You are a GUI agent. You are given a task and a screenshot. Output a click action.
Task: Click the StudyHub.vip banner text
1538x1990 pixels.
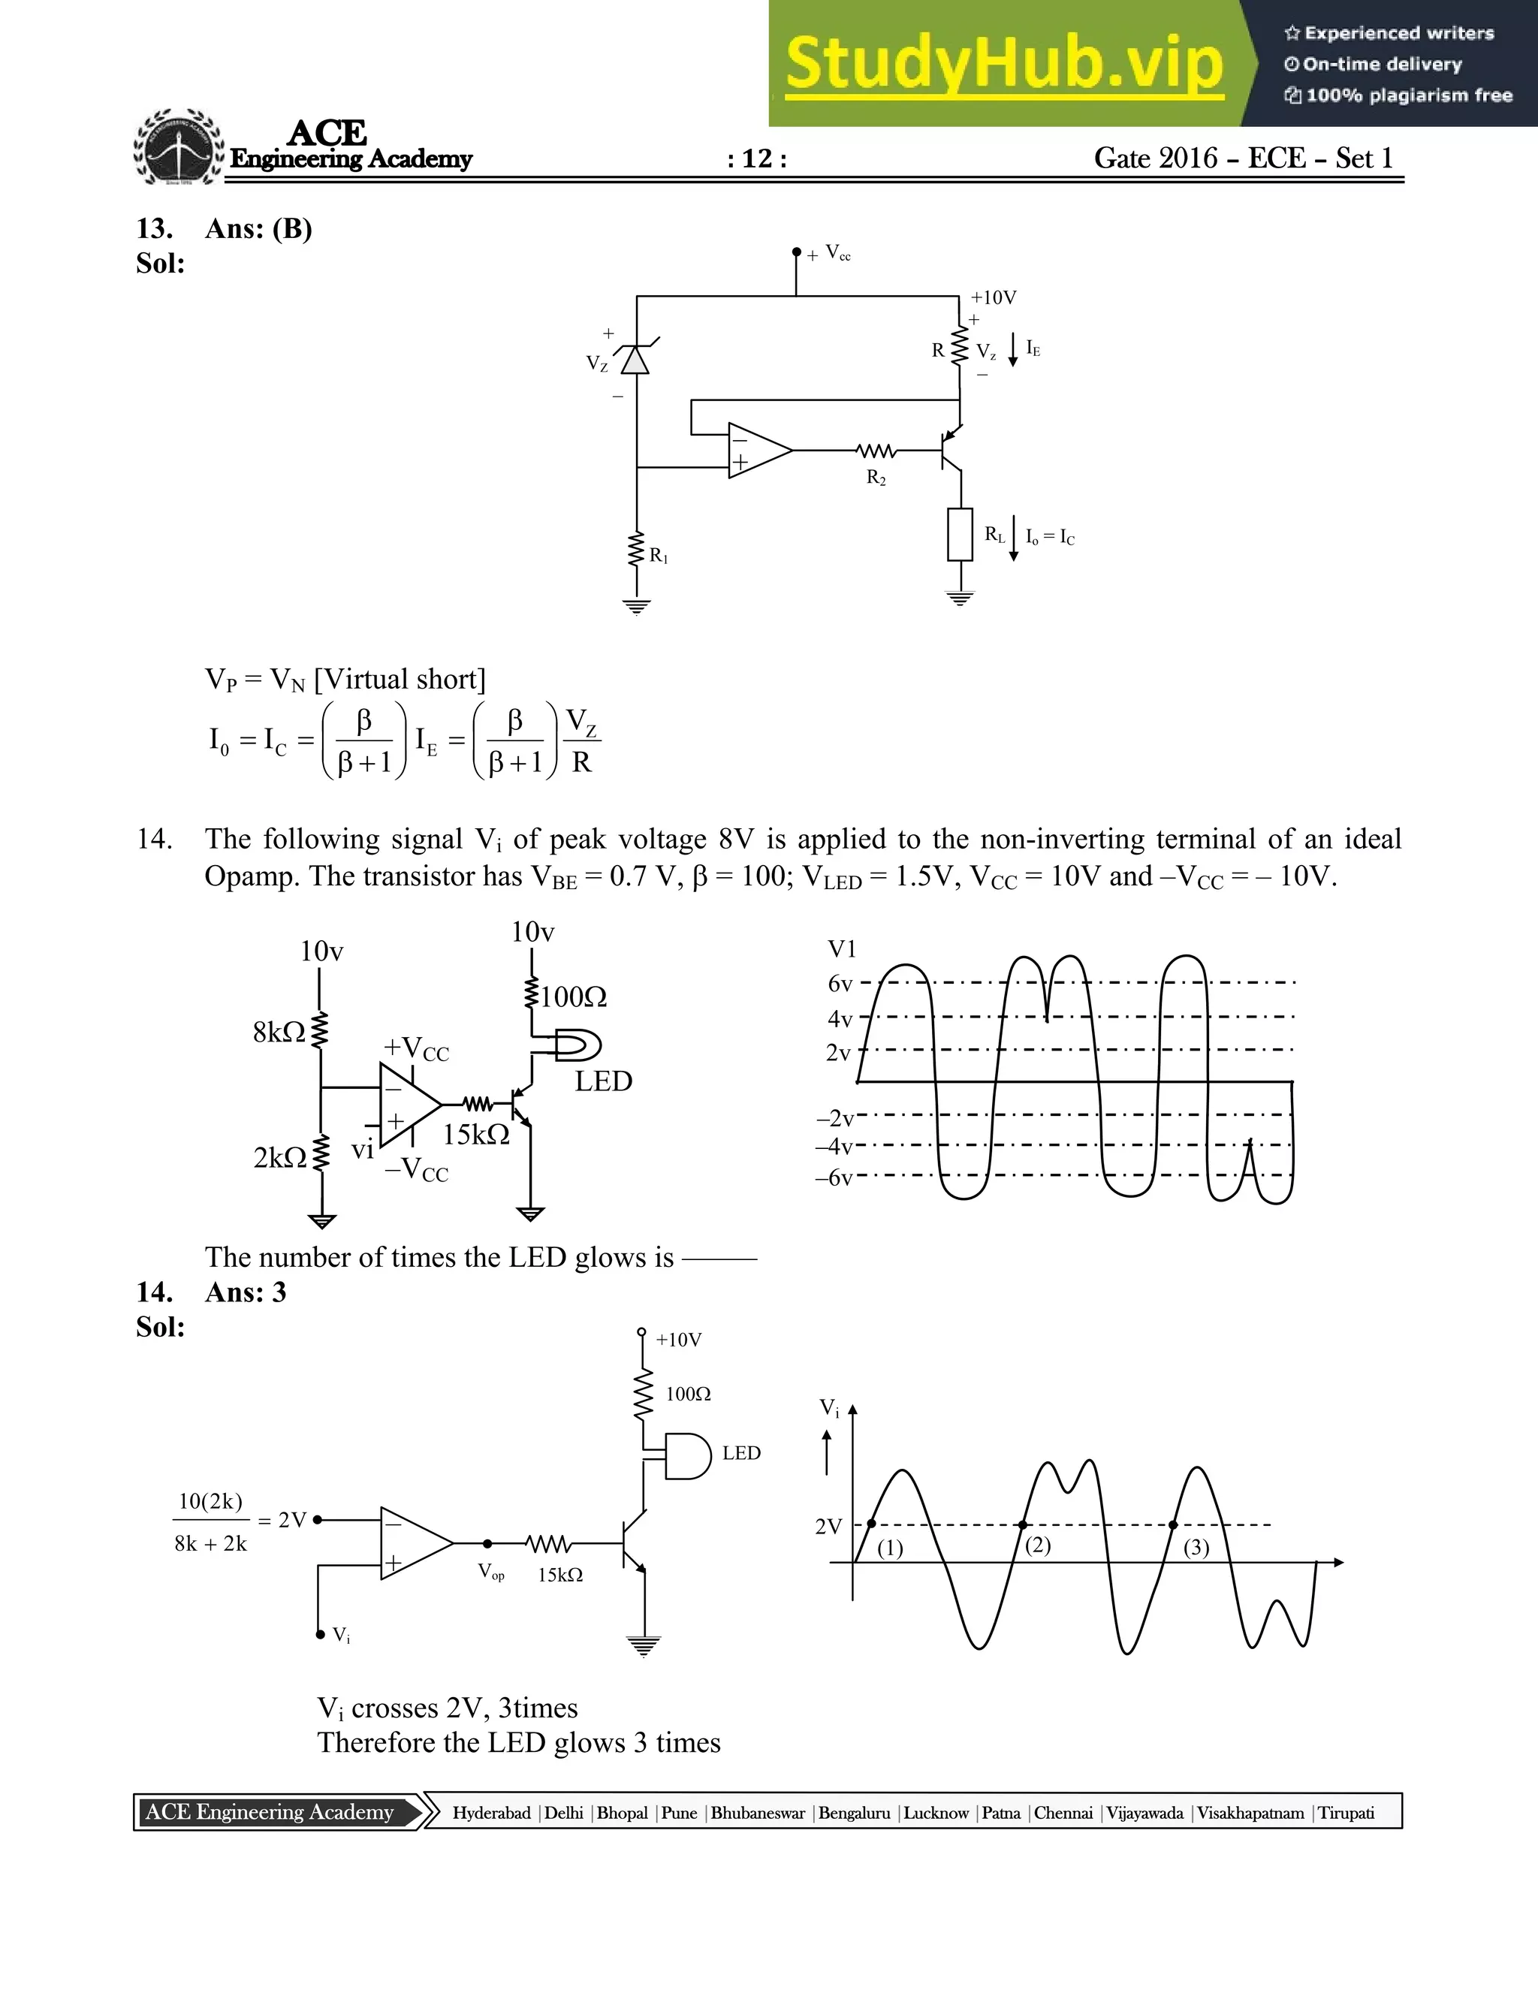1003,64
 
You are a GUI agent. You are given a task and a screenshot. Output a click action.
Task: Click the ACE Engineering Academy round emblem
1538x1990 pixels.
179,148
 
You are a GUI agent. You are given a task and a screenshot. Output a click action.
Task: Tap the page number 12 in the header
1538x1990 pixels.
757,159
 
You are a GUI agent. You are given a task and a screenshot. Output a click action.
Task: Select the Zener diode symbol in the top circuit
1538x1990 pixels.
635,359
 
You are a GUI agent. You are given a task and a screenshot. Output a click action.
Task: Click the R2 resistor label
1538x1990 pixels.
876,478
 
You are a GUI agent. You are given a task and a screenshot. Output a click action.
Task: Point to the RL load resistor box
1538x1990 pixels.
960,535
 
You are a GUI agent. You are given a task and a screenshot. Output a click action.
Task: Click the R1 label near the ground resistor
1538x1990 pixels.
659,555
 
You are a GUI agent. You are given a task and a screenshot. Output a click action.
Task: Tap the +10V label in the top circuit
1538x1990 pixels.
993,298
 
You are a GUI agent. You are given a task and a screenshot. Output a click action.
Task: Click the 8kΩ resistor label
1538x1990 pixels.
279,1033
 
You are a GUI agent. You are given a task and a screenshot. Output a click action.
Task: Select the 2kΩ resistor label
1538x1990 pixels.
279,1157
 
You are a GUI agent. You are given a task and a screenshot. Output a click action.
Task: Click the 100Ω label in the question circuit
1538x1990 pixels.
573,997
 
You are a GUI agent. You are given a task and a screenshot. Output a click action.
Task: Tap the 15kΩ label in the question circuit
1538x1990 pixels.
475,1135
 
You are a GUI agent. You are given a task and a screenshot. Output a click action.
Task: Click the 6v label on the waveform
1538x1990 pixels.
839,984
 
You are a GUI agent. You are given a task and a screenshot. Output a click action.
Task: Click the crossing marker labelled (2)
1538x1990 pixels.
1022,1524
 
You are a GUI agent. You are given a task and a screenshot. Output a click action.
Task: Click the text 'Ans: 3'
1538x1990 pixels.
245,1292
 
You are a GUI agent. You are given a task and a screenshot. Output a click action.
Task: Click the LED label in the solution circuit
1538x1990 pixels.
740,1453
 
